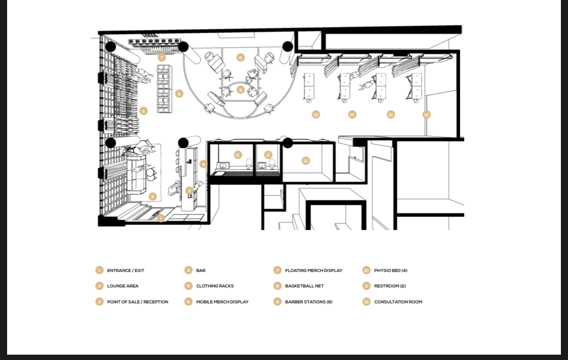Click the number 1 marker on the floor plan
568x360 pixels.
tap(161, 218)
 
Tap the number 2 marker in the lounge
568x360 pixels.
tap(153, 196)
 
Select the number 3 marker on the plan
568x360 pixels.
tap(189, 191)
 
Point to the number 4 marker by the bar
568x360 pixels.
tap(203, 164)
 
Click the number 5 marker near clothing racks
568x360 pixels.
tap(143, 111)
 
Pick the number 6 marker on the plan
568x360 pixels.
tap(179, 94)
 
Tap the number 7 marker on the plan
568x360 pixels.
tap(162, 57)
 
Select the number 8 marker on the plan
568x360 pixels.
tap(241, 57)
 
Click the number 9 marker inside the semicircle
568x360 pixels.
tap(241, 90)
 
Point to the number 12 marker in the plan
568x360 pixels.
tap(306, 161)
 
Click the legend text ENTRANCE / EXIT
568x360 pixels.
tap(126, 271)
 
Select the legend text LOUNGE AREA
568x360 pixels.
tap(123, 286)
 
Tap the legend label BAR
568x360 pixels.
tap(201, 271)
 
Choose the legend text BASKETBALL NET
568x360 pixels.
tap(304, 286)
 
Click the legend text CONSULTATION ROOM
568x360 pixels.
tap(398, 302)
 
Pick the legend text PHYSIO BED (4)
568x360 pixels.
tap(391, 271)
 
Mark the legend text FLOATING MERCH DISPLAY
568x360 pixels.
tap(314, 271)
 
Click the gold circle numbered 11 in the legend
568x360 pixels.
tap(366, 286)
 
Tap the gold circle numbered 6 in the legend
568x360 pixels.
tap(188, 302)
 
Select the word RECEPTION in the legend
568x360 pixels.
tap(156, 302)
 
